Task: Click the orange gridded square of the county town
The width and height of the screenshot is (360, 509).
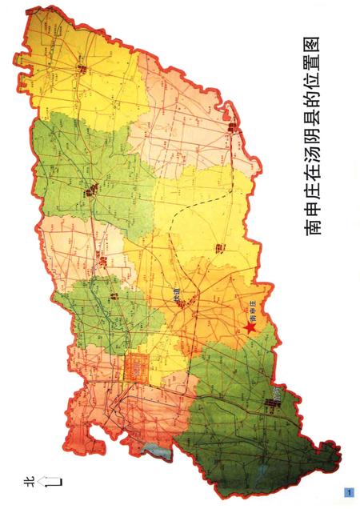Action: (136, 369)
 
